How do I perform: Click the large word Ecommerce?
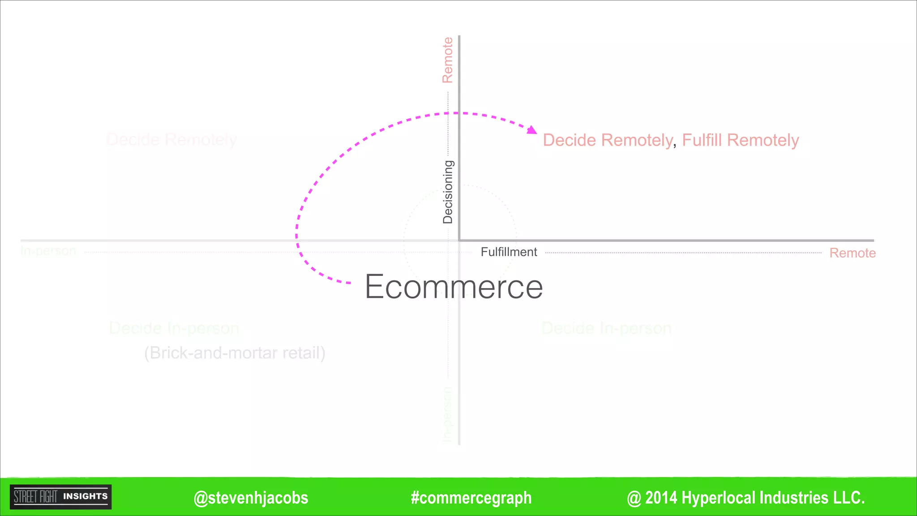(454, 287)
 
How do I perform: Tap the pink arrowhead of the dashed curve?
(531, 130)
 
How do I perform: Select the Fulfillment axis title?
(509, 252)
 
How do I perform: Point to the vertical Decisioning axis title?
(448, 192)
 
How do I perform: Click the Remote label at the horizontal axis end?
(853, 253)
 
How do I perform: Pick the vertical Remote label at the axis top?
(448, 60)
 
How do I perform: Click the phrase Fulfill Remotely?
(740, 140)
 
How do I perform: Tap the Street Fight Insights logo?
(61, 497)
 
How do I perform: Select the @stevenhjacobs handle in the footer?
(251, 498)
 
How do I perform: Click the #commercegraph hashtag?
(471, 498)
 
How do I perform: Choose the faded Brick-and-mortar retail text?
(235, 353)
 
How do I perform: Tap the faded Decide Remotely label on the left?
(171, 140)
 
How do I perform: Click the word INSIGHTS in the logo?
(86, 496)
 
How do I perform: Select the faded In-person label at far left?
(48, 251)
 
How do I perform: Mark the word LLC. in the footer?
(849, 498)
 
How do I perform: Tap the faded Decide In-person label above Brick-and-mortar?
(174, 328)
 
